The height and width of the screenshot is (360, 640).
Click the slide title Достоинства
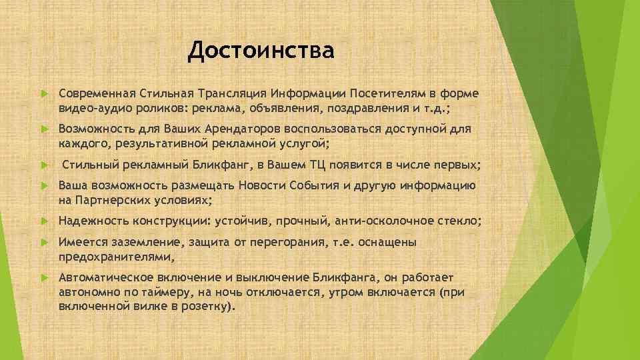(261, 50)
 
